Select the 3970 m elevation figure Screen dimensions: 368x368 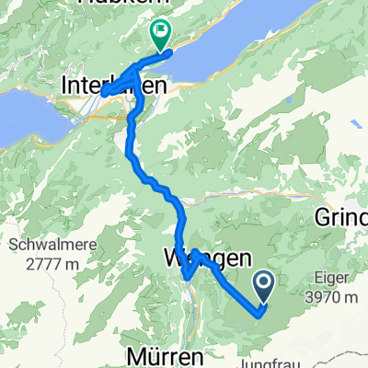(333, 297)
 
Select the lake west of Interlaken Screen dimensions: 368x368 (23, 115)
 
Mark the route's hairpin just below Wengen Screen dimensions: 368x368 (187, 275)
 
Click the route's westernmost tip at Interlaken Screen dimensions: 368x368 (101, 91)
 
